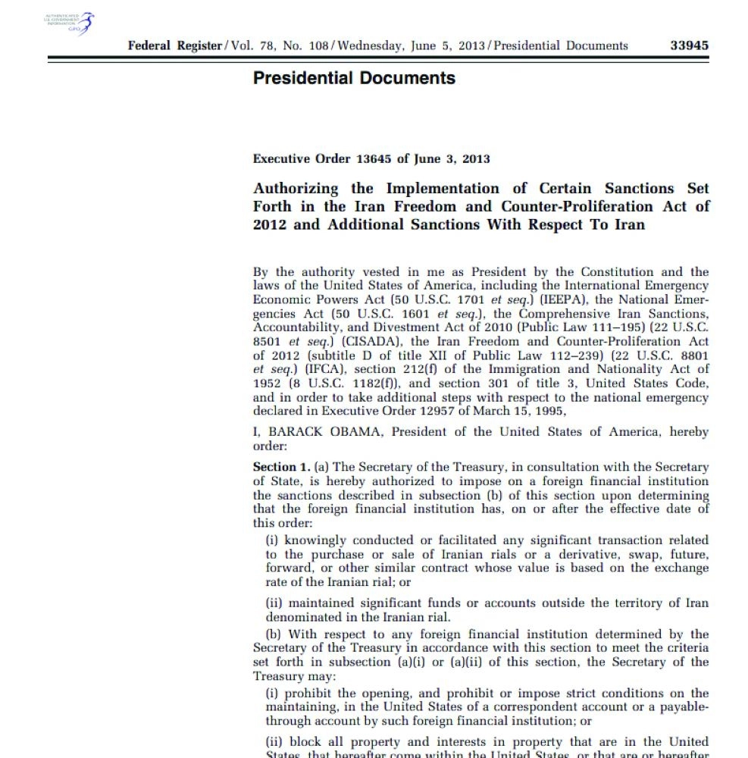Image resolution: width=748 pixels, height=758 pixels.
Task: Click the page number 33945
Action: click(689, 45)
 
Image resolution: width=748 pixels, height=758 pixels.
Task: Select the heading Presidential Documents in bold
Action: click(354, 78)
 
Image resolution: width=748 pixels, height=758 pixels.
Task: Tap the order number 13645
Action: click(375, 159)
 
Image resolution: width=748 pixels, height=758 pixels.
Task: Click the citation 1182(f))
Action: click(337, 384)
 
